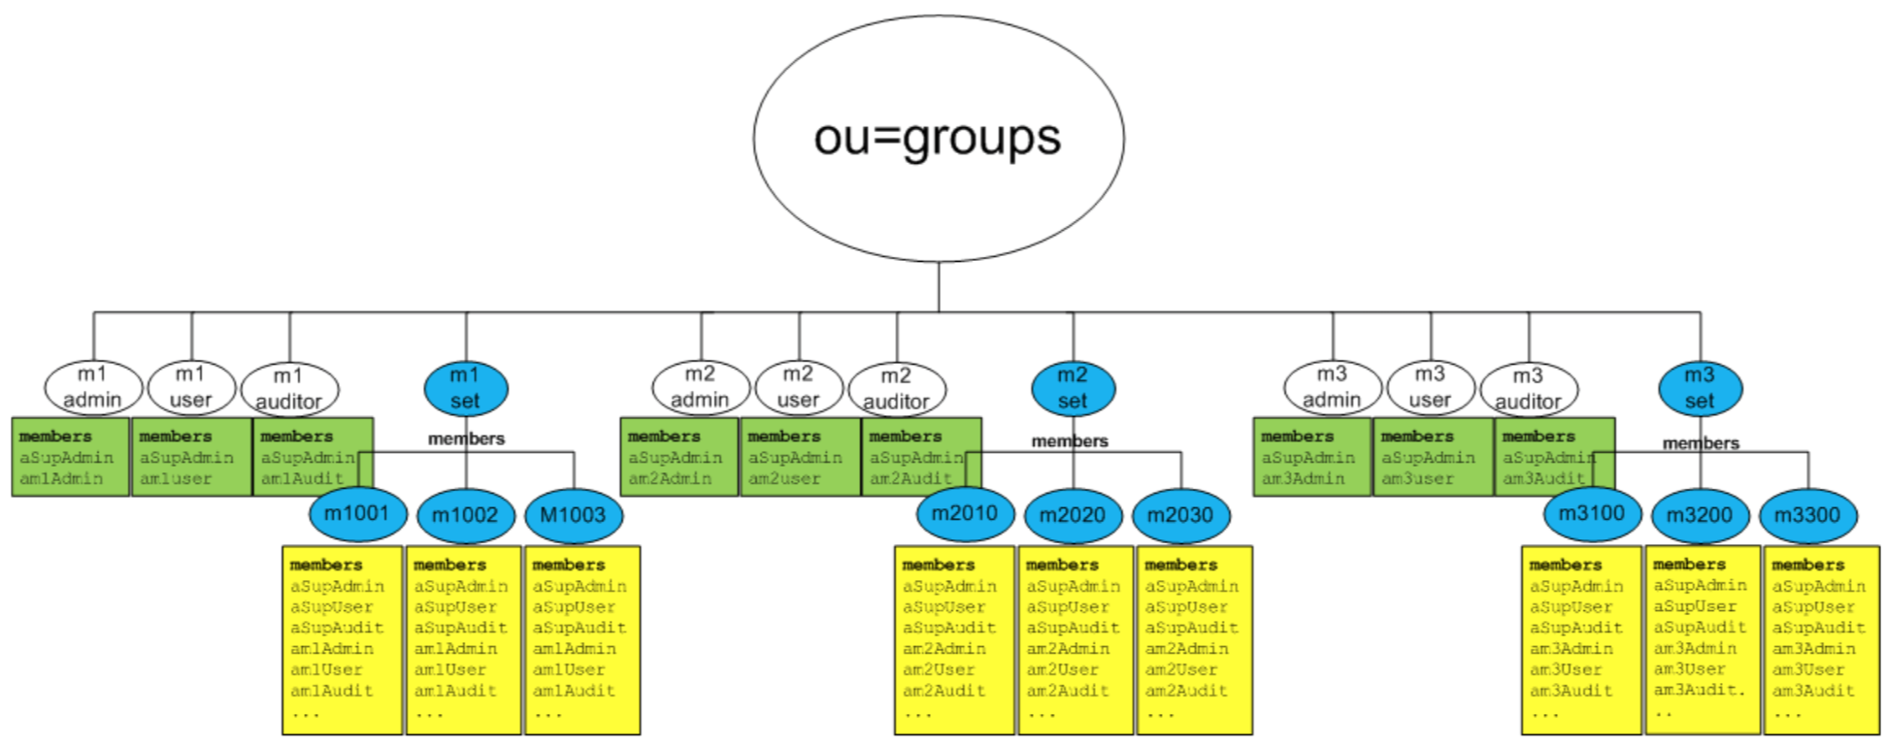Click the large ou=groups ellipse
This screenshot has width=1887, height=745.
coord(938,138)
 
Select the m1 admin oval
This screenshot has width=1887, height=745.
coord(93,387)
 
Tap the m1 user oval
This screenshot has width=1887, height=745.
coord(191,387)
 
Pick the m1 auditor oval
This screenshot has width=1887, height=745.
coord(289,389)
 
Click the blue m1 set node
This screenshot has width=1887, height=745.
coord(465,388)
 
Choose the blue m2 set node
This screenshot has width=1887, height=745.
coord(1073,388)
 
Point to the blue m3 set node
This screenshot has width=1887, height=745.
coord(1700,388)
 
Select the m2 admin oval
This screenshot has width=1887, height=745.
coord(700,387)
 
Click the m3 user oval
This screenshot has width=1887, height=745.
coord(1430,387)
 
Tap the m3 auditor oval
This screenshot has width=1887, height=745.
coord(1529,389)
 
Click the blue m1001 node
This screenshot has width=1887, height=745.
coord(357,513)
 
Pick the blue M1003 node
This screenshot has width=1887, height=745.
coord(573,515)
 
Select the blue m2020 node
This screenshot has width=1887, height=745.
coord(1073,515)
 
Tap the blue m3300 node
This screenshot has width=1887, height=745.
coord(1807,515)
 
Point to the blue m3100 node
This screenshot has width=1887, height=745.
coord(1592,513)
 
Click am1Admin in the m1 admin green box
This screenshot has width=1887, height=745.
coord(61,479)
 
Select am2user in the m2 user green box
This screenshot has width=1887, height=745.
coord(784,479)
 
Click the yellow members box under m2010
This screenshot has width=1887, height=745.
coord(954,640)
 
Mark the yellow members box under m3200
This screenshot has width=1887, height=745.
coord(1703,640)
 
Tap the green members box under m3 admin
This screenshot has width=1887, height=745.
coord(1311,457)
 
